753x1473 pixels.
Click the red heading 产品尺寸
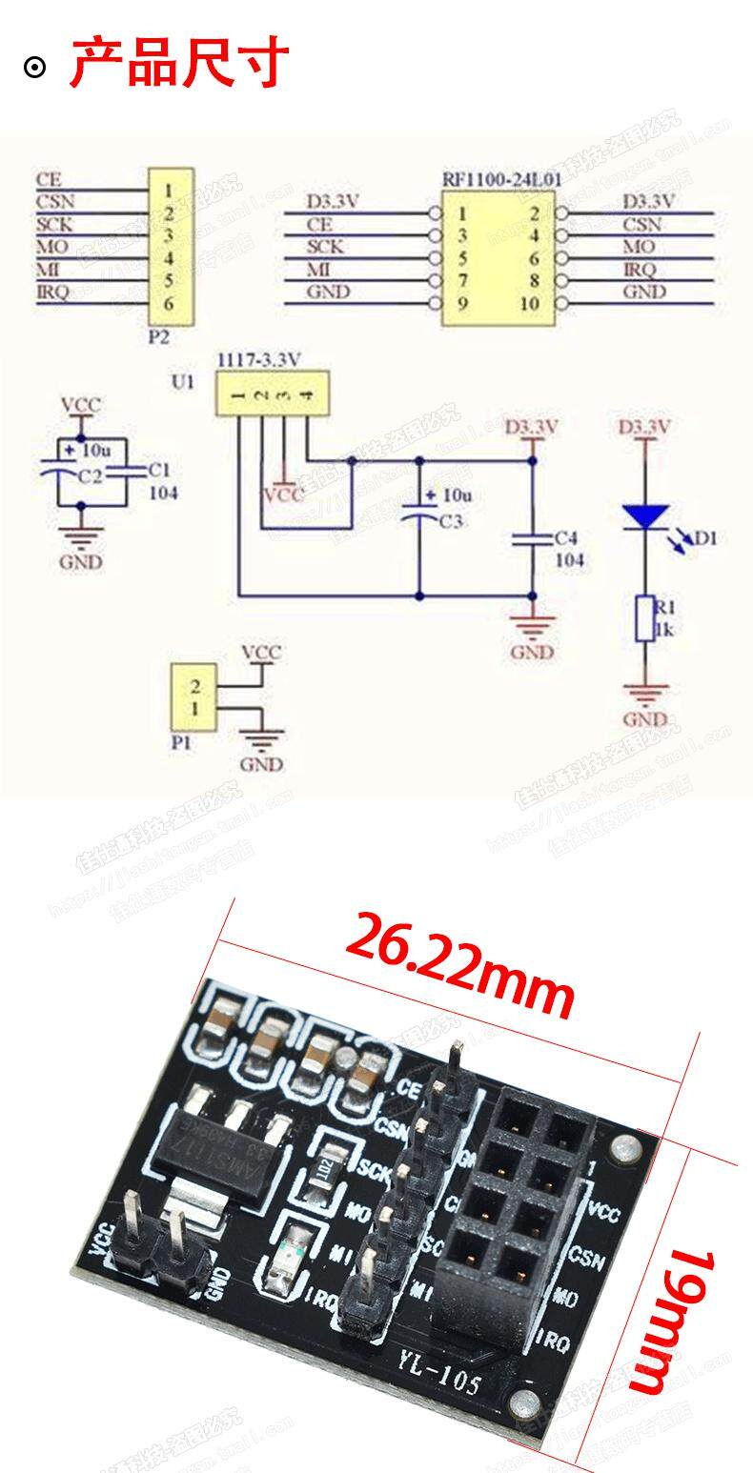[x=179, y=63]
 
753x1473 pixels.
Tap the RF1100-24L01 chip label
[x=501, y=178]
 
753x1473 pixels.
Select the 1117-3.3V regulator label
[x=259, y=359]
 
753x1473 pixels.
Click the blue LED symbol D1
[x=647, y=516]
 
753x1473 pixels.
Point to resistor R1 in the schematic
[x=645, y=618]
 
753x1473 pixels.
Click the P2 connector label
[x=159, y=336]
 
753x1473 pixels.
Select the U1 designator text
[x=182, y=382]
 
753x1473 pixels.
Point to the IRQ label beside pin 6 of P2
[x=52, y=293]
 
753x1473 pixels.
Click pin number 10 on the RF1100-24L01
[x=530, y=304]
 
